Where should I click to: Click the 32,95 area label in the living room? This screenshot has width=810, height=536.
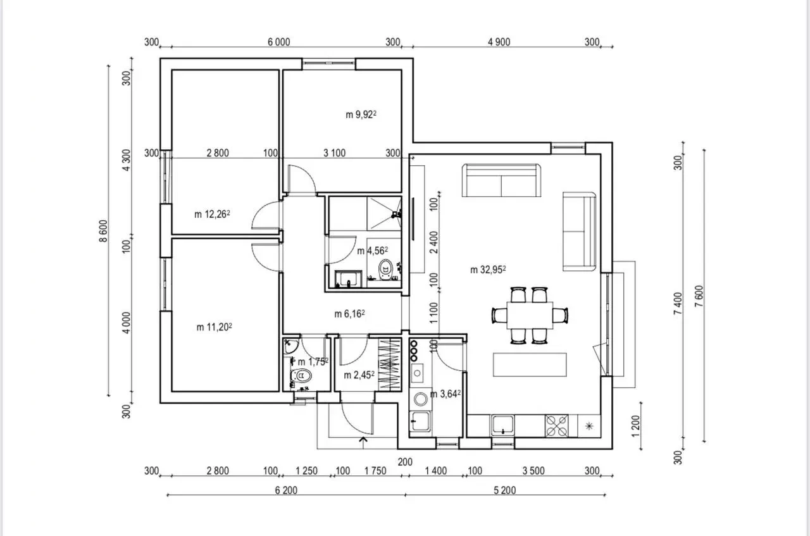pos(488,270)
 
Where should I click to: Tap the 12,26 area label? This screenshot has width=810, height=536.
pos(212,214)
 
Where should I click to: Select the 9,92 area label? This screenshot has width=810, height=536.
pos(361,115)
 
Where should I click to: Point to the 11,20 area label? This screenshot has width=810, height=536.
pos(214,327)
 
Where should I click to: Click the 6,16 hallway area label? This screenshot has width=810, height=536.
pos(349,314)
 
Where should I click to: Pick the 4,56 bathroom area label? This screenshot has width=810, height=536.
pos(373,251)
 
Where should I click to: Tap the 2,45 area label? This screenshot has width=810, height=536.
pos(359,375)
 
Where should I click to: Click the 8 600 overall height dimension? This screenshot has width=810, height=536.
pos(103,231)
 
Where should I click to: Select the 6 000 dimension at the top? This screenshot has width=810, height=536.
pos(279,42)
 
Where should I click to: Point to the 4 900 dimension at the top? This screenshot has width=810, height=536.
pos(499,42)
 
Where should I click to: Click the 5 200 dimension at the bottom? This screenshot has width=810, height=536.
pos(505,490)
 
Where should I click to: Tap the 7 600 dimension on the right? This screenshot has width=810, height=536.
pos(699,296)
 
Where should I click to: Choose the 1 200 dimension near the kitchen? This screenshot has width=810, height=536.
pos(636,426)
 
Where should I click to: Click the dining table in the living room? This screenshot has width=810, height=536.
pos(530,315)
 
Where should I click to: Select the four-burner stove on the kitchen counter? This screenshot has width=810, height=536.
pos(556,426)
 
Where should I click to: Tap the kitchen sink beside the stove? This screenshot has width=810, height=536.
pos(502,425)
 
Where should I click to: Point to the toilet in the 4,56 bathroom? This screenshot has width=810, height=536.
pos(385,269)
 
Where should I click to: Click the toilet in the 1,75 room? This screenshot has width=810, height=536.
pos(301,376)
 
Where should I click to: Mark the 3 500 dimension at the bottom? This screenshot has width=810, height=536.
pos(533,471)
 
